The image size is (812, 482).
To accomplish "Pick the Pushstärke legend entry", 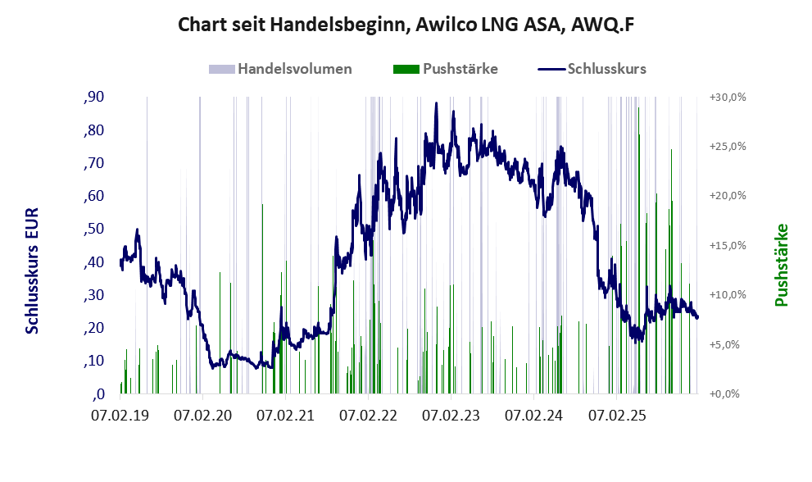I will pyautogui.click(x=460, y=69).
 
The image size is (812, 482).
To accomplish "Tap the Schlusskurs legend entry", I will pyautogui.click(x=606, y=69).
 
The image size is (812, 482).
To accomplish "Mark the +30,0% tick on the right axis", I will pyautogui.click(x=726, y=97).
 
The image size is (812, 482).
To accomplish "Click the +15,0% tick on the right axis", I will pyautogui.click(x=726, y=245).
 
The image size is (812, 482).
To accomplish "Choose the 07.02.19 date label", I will pyautogui.click(x=120, y=416).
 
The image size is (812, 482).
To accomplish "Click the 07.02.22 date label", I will pyautogui.click(x=370, y=416).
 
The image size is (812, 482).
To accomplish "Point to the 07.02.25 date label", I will pyautogui.click(x=618, y=416).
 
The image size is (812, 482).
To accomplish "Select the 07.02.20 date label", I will pyautogui.click(x=203, y=416).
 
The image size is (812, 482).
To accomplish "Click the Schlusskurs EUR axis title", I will pyautogui.click(x=33, y=271).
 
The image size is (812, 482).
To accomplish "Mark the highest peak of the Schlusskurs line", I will pyautogui.click(x=436, y=103).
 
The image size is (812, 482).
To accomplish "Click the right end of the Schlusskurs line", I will pyautogui.click(x=697, y=317).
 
